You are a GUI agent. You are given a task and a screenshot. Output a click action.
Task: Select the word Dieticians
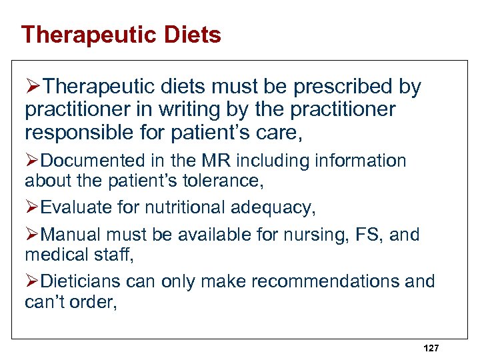81,282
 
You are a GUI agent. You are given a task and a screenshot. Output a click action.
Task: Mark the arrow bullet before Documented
32,161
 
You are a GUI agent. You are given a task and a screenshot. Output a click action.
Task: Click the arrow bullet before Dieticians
32,282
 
